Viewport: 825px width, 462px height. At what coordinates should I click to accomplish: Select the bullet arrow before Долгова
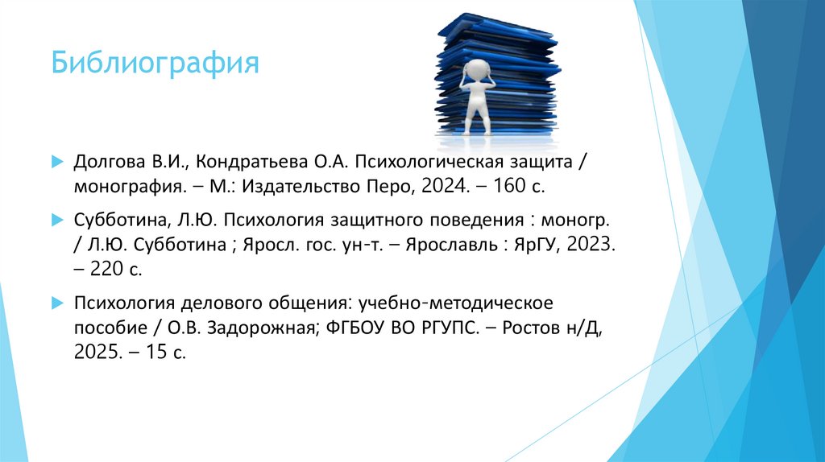coord(56,162)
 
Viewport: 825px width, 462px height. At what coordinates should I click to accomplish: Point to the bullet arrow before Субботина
coord(56,219)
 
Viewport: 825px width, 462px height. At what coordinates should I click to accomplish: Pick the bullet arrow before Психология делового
coord(56,303)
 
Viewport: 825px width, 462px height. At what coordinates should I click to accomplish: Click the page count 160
coord(493,188)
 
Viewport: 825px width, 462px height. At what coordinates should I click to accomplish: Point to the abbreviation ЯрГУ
coord(537,244)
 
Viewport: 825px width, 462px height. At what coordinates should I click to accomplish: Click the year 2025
coord(95,353)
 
